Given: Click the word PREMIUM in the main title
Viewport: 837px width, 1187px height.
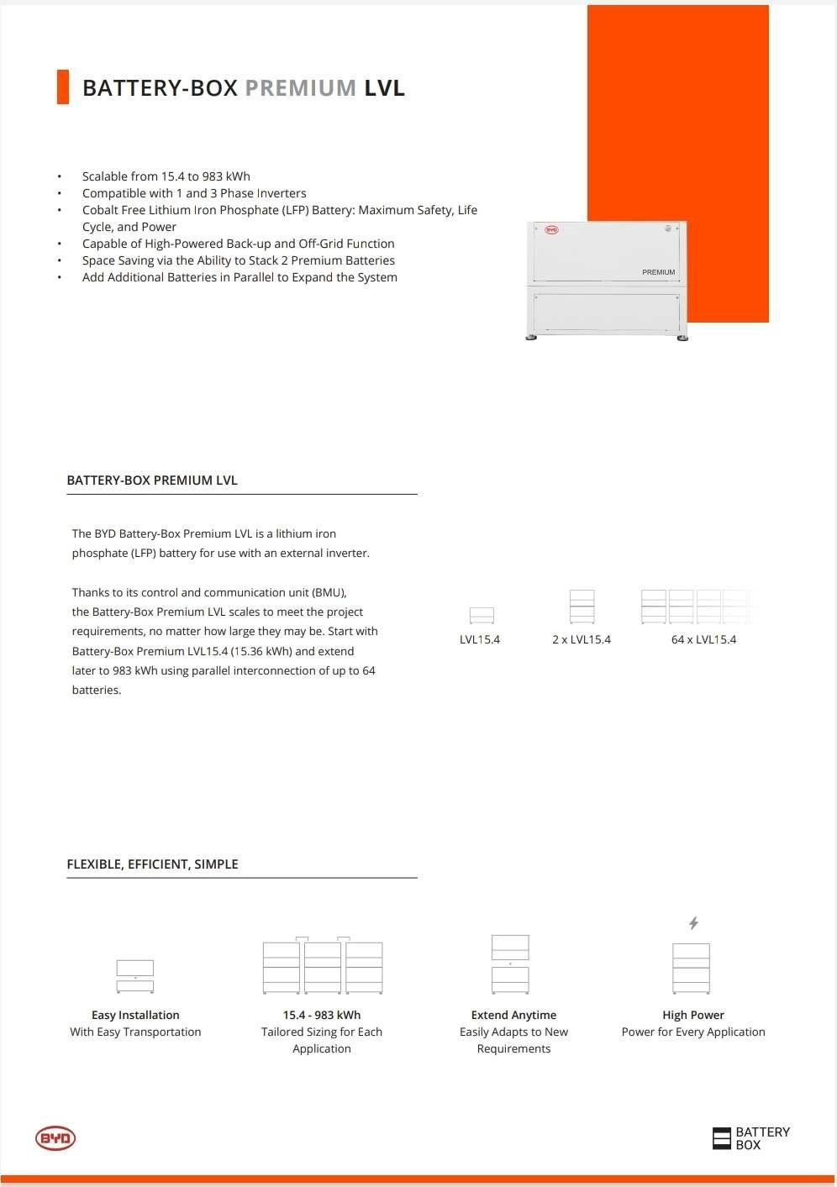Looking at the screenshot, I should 301,88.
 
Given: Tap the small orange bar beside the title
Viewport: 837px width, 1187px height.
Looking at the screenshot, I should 62,87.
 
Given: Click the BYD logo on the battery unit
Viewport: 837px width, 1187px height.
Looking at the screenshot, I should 551,229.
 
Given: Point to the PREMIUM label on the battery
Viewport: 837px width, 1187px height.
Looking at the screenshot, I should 658,272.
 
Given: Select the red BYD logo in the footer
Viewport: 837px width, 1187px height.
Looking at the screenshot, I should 55,1138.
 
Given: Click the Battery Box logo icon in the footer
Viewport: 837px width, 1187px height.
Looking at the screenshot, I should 722,1138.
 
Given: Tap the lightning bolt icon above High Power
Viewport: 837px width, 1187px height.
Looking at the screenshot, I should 693,923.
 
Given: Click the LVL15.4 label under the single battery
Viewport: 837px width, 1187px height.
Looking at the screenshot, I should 480,639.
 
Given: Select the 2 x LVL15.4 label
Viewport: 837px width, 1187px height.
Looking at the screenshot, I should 582,639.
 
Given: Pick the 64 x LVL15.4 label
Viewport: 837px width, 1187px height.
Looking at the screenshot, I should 703,639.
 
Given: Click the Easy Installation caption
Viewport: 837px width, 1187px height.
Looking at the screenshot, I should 135,1015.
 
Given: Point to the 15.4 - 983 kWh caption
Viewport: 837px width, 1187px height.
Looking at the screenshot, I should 322,1015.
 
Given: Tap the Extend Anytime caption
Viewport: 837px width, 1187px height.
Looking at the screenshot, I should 513,1015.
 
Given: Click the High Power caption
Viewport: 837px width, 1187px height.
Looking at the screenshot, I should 693,1015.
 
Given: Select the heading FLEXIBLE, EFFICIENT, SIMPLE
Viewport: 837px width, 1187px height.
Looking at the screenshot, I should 152,864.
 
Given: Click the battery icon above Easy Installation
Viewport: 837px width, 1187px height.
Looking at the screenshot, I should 135,976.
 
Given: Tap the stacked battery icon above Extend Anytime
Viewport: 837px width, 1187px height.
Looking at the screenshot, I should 510,964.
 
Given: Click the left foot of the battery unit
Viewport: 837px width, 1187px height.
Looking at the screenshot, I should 531,338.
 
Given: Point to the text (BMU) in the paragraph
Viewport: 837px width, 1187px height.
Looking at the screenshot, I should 329,592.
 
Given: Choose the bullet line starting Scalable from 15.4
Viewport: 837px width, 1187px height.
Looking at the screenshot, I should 166,176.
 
